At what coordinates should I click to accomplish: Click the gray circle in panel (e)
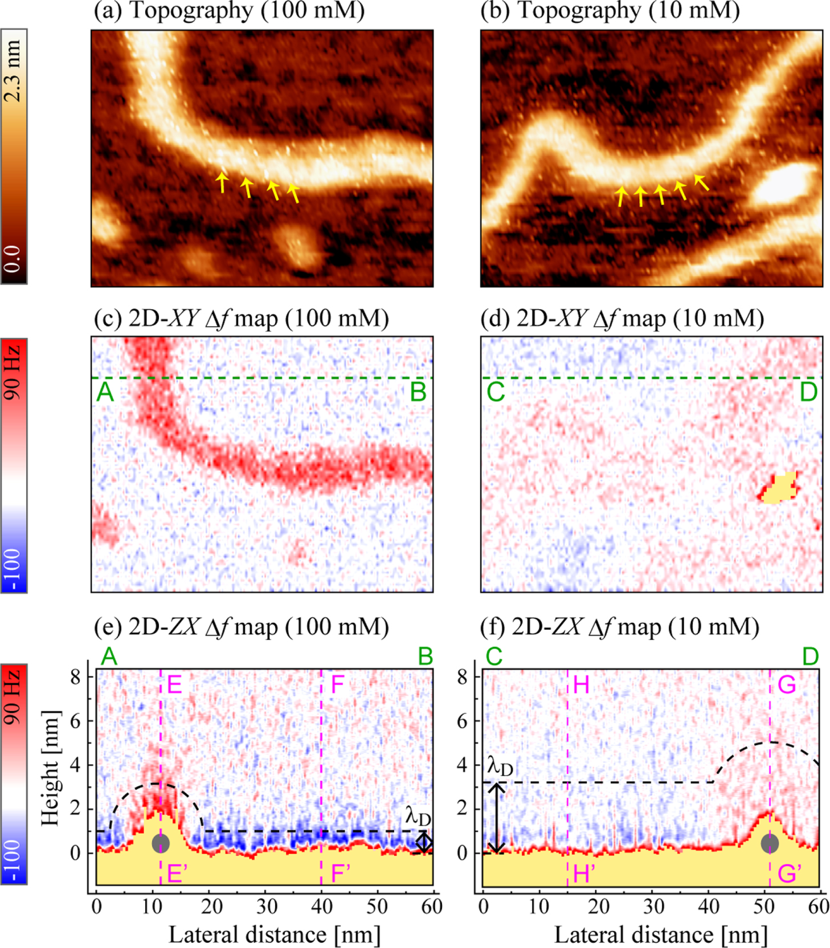pyautogui.click(x=161, y=843)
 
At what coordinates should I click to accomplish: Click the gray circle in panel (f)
pyautogui.click(x=770, y=843)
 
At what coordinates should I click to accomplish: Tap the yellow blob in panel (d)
pyautogui.click(x=779, y=488)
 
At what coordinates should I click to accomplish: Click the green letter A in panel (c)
pyautogui.click(x=105, y=393)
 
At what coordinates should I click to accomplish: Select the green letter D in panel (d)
pyautogui.click(x=808, y=393)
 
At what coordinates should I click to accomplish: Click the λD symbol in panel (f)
pyautogui.click(x=500, y=767)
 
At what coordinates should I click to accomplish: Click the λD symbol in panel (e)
pyautogui.click(x=418, y=817)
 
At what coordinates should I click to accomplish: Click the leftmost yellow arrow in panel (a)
pyautogui.click(x=222, y=182)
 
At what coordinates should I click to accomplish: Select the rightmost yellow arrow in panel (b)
pyautogui.click(x=701, y=182)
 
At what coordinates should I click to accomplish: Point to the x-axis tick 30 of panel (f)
pyautogui.click(x=653, y=906)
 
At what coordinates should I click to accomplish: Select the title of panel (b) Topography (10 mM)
pyautogui.click(x=610, y=11)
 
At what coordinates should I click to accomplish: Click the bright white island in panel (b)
pyautogui.click(x=785, y=185)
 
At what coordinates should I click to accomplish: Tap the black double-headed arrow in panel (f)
pyautogui.click(x=497, y=818)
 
